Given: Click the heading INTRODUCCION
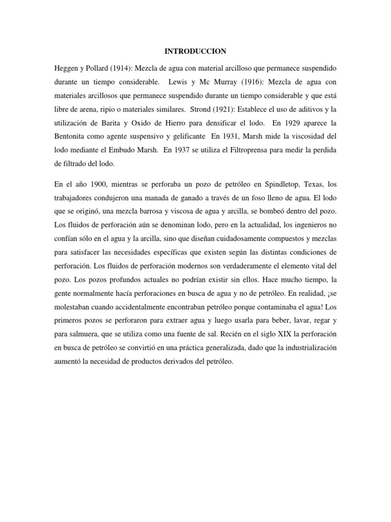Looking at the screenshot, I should pos(195,51).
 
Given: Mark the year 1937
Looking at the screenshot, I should pos(179,151).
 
